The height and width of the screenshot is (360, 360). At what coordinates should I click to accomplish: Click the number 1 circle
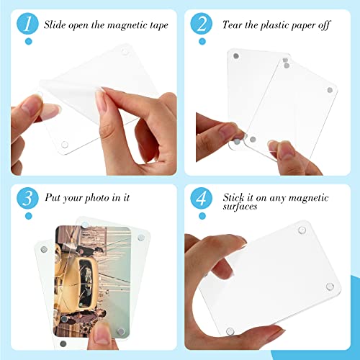(27, 23)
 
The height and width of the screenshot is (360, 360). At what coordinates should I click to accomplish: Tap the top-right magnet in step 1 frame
(123, 53)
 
